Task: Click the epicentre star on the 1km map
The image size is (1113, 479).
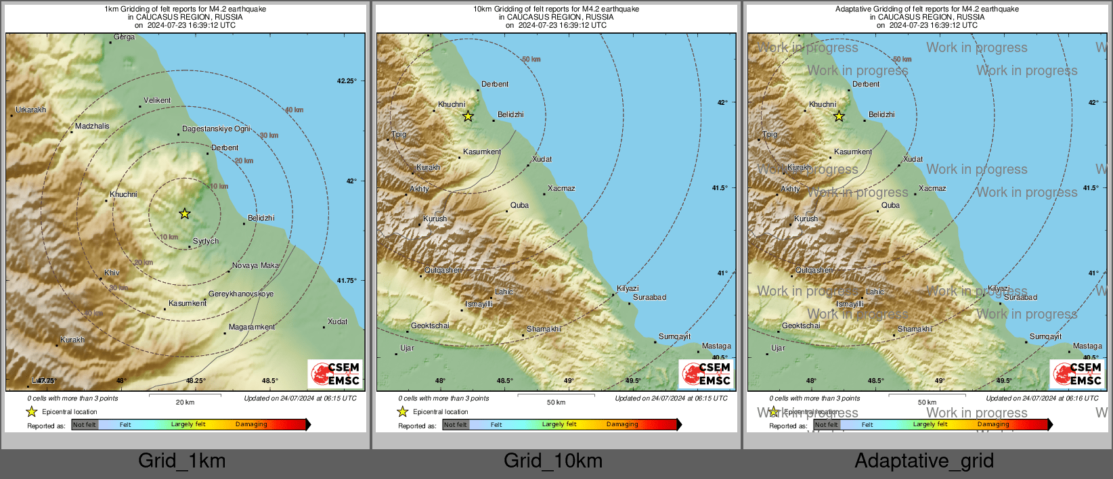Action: click(x=185, y=214)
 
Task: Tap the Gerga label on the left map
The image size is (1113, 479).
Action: click(x=125, y=37)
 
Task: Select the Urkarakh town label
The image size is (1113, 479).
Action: click(x=31, y=110)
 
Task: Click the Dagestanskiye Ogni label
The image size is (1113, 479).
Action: click(x=217, y=129)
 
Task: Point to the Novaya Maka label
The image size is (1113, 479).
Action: click(x=256, y=265)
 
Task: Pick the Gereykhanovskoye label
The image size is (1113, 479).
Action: click(x=241, y=294)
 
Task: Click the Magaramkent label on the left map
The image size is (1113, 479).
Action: click(x=252, y=327)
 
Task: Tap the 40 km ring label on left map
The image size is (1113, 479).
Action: click(x=294, y=110)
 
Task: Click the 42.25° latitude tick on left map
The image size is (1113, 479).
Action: click(x=347, y=81)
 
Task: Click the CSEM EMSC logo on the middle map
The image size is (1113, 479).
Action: click(x=706, y=373)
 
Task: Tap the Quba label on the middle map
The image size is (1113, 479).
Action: click(x=520, y=205)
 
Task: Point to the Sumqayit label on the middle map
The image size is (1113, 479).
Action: click(x=675, y=336)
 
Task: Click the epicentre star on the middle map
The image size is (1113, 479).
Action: click(x=468, y=116)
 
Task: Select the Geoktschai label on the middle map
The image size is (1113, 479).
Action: click(x=431, y=325)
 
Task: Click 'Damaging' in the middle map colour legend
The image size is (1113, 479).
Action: click(x=622, y=424)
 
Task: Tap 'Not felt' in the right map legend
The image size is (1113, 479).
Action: click(x=826, y=425)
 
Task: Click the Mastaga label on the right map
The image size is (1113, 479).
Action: click(x=1088, y=346)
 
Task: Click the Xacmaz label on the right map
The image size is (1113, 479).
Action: click(x=933, y=188)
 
